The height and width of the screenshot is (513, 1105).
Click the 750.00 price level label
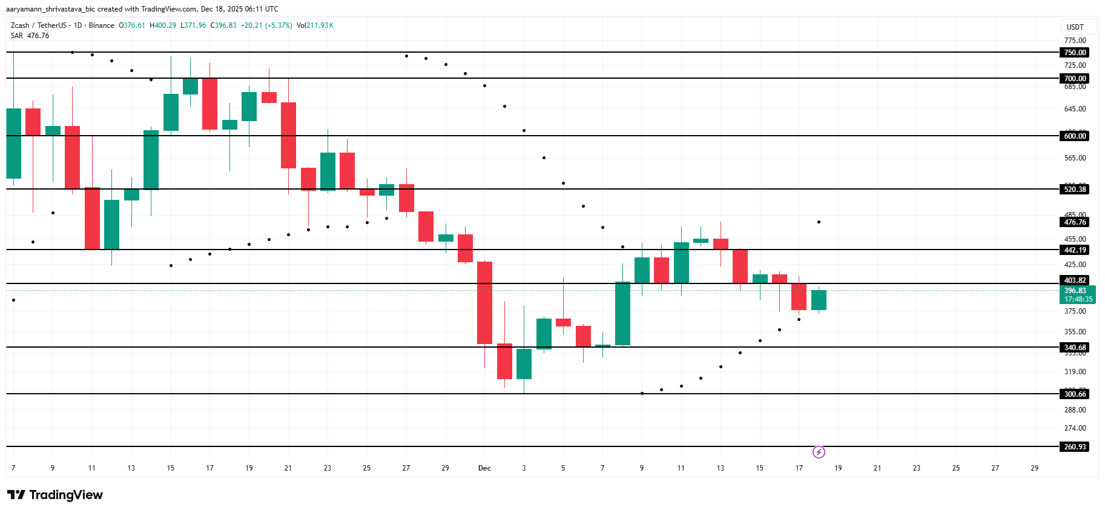click(x=1075, y=53)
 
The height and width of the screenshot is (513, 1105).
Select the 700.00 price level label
click(x=1075, y=79)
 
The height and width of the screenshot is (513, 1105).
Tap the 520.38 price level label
click(x=1075, y=190)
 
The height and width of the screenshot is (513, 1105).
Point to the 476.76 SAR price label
click(x=1075, y=222)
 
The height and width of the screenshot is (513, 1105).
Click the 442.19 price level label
click(x=1075, y=250)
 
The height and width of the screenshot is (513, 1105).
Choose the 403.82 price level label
click(x=1075, y=280)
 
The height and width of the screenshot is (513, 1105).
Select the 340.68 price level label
click(x=1075, y=348)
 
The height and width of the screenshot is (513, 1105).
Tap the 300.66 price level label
click(x=1075, y=394)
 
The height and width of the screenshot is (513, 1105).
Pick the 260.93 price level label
click(x=1075, y=447)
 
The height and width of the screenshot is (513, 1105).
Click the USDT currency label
click(x=1075, y=27)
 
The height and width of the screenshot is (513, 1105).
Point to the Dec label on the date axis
click(x=484, y=468)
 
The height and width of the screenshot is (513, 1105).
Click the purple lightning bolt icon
click(x=819, y=452)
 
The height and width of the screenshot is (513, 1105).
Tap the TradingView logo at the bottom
click(x=55, y=495)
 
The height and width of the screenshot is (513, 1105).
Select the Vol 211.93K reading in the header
click(x=315, y=25)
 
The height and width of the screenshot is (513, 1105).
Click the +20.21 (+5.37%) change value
click(x=266, y=25)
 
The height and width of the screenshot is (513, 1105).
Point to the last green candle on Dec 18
click(x=819, y=300)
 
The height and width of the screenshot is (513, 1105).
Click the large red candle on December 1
click(x=484, y=303)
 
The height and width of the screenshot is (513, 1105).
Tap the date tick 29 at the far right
click(x=1034, y=468)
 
